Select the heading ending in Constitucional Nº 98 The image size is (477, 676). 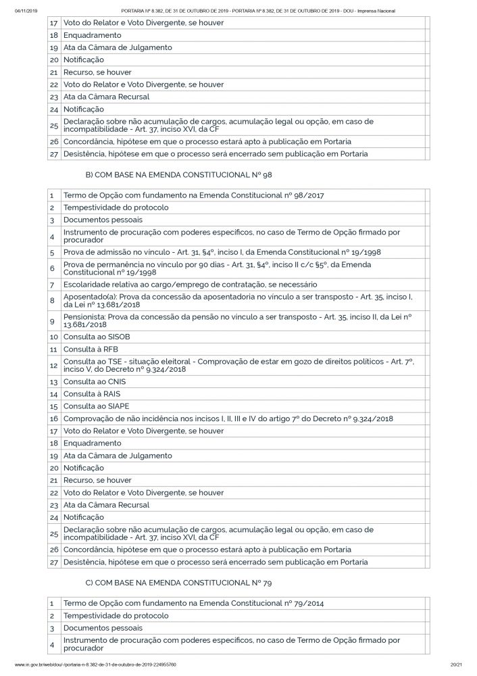point(169,175)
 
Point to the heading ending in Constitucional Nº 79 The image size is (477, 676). point(169,583)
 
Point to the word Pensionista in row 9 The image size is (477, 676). point(84,316)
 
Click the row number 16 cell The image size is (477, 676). point(53,419)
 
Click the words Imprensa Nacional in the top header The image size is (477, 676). point(379,11)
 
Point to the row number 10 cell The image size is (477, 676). point(53,336)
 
